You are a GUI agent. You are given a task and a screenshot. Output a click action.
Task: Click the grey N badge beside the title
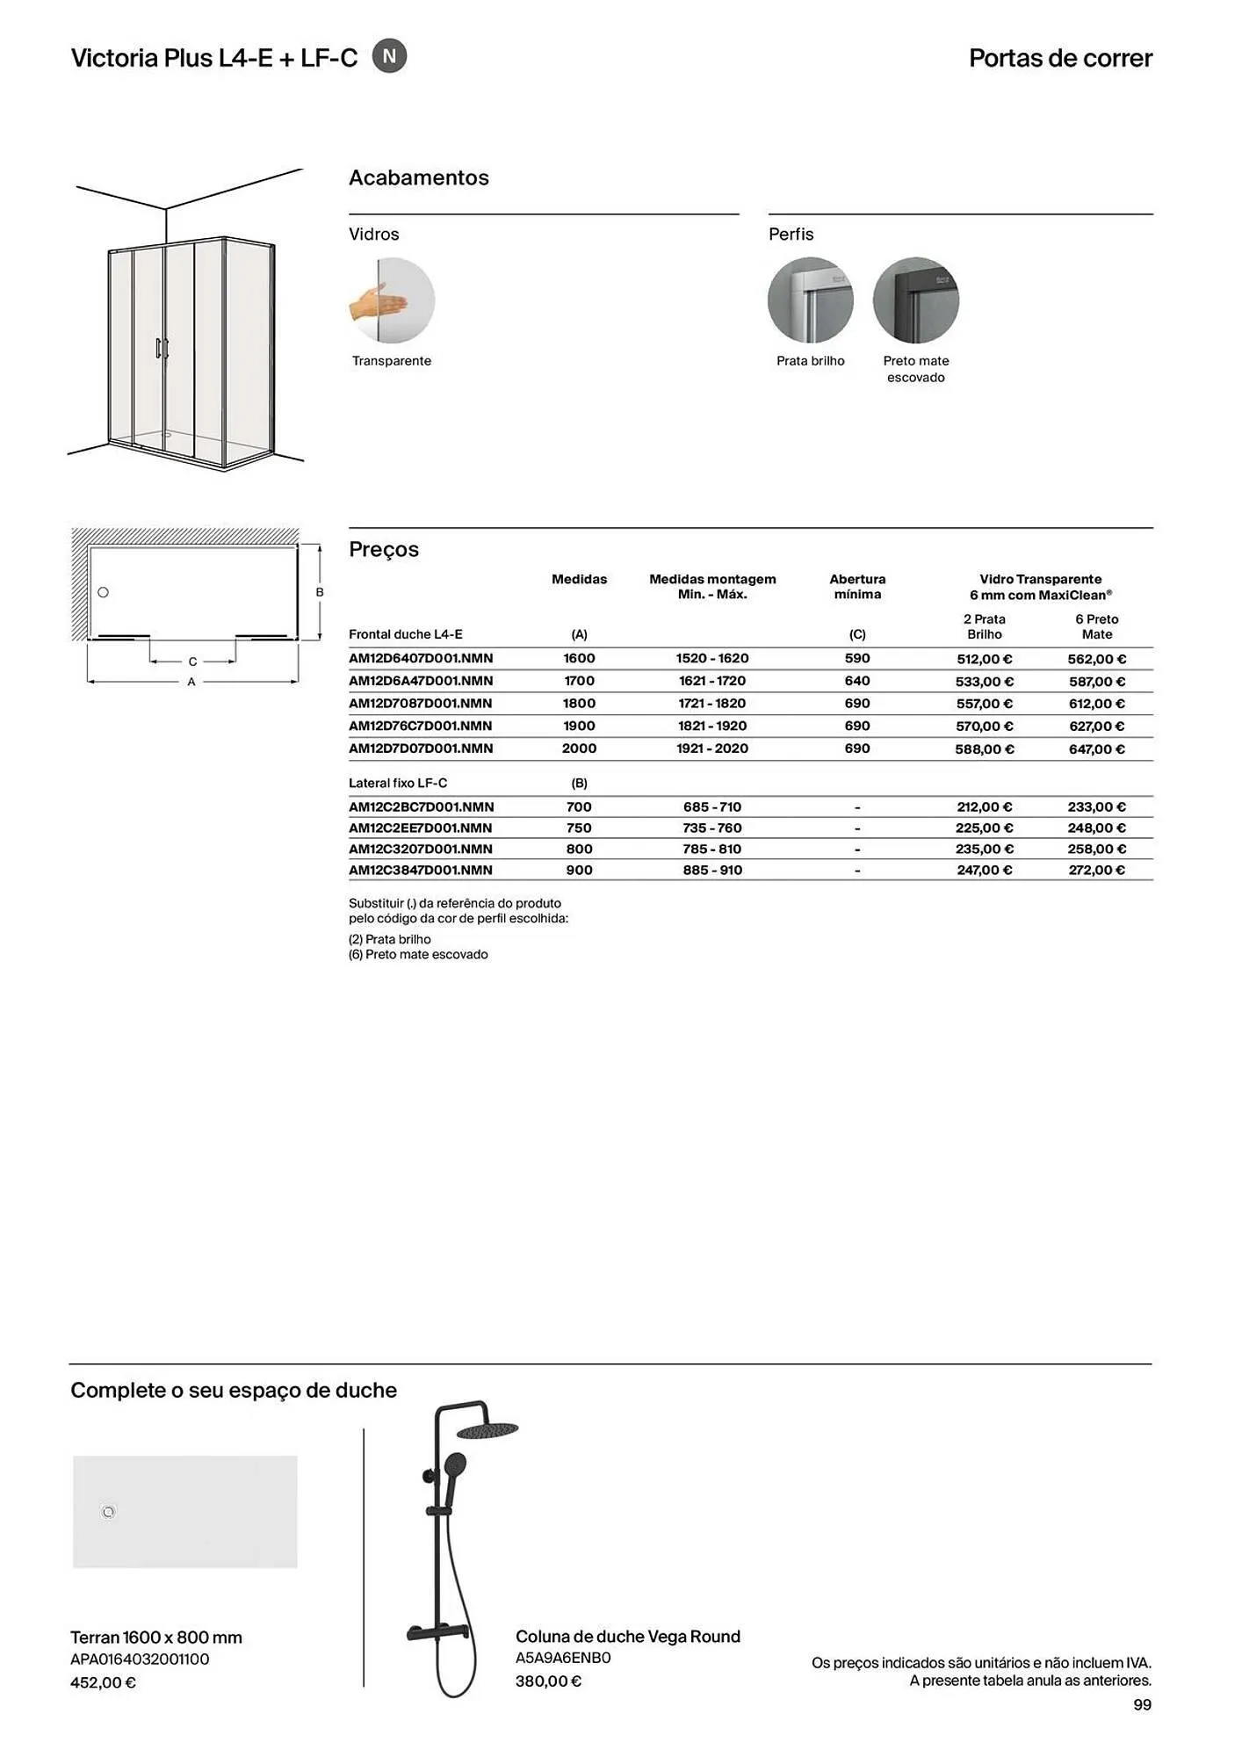pyautogui.click(x=389, y=56)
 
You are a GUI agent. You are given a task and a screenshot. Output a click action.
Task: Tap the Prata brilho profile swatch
pyautogui.click(x=810, y=300)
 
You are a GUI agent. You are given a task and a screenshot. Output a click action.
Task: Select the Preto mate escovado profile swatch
pyautogui.click(x=915, y=300)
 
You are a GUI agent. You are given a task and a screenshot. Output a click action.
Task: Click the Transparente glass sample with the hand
pyautogui.click(x=392, y=300)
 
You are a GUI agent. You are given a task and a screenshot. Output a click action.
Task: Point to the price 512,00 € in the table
pyautogui.click(x=984, y=659)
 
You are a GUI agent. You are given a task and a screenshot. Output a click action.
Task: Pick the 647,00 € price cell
pyautogui.click(x=1096, y=749)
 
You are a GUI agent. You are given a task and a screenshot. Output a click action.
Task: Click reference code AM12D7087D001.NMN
pyautogui.click(x=420, y=704)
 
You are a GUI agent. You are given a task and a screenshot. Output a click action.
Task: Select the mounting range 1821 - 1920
pyautogui.click(x=711, y=727)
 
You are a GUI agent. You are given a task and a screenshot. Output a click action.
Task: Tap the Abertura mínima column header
pyautogui.click(x=857, y=587)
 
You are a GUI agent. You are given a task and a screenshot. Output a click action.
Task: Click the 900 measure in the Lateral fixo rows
pyautogui.click(x=579, y=871)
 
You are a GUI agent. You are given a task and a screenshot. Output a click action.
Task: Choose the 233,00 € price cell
pyautogui.click(x=1096, y=807)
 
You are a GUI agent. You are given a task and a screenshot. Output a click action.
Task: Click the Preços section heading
pyautogui.click(x=384, y=550)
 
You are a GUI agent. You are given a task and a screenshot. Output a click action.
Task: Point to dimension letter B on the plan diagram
pyautogui.click(x=320, y=593)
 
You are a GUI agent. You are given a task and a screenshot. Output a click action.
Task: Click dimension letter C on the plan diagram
pyautogui.click(x=192, y=662)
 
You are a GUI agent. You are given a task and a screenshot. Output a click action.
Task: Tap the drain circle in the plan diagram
pyautogui.click(x=103, y=593)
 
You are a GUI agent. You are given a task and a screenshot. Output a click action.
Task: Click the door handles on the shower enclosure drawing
pyautogui.click(x=162, y=349)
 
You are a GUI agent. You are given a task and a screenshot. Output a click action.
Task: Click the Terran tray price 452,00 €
pyautogui.click(x=103, y=1683)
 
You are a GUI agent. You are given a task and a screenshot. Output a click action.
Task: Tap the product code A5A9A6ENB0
pyautogui.click(x=563, y=1659)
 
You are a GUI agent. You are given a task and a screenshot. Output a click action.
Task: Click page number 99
pyautogui.click(x=1142, y=1705)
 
